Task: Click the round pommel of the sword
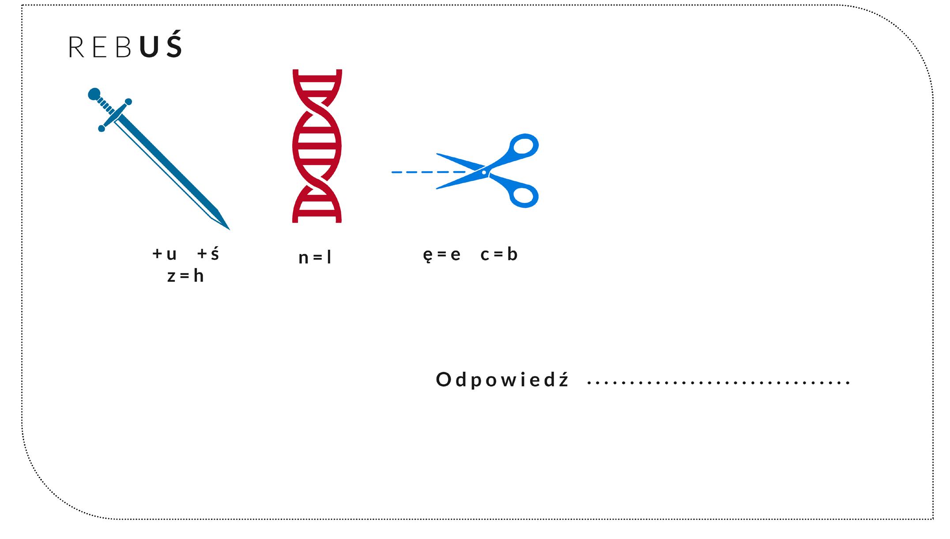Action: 94,94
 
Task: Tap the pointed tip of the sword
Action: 227,228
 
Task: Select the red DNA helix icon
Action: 317,146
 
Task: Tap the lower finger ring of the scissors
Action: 524,195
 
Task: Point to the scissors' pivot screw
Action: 484,172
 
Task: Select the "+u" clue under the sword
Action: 164,254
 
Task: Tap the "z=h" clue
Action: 185,277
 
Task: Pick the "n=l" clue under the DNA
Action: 315,258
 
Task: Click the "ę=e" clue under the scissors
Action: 441,255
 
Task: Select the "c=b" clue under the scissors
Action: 499,255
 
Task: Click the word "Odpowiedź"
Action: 502,379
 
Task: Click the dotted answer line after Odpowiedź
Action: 718,382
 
